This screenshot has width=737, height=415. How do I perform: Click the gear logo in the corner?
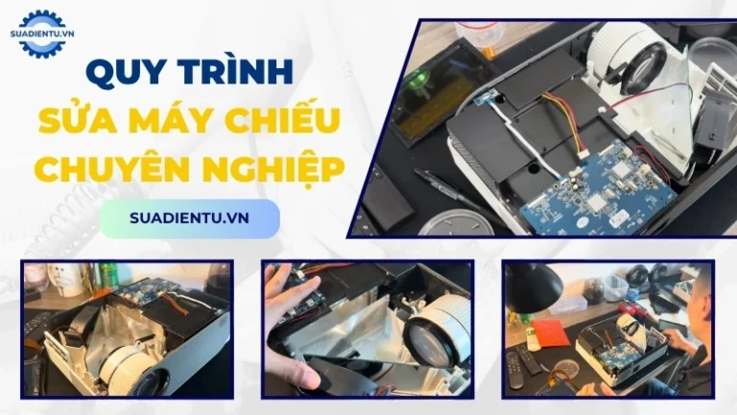42,34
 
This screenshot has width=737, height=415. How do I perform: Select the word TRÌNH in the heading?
245,71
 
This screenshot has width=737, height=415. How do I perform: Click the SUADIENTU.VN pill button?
189,218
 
